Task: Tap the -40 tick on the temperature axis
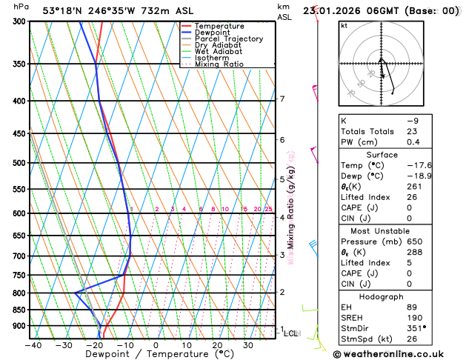click(x=33, y=344)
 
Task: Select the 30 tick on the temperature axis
click(x=248, y=344)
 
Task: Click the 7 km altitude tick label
click(x=282, y=99)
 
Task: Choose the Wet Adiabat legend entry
click(x=218, y=51)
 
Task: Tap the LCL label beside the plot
click(x=290, y=334)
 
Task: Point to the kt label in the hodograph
click(x=344, y=26)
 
